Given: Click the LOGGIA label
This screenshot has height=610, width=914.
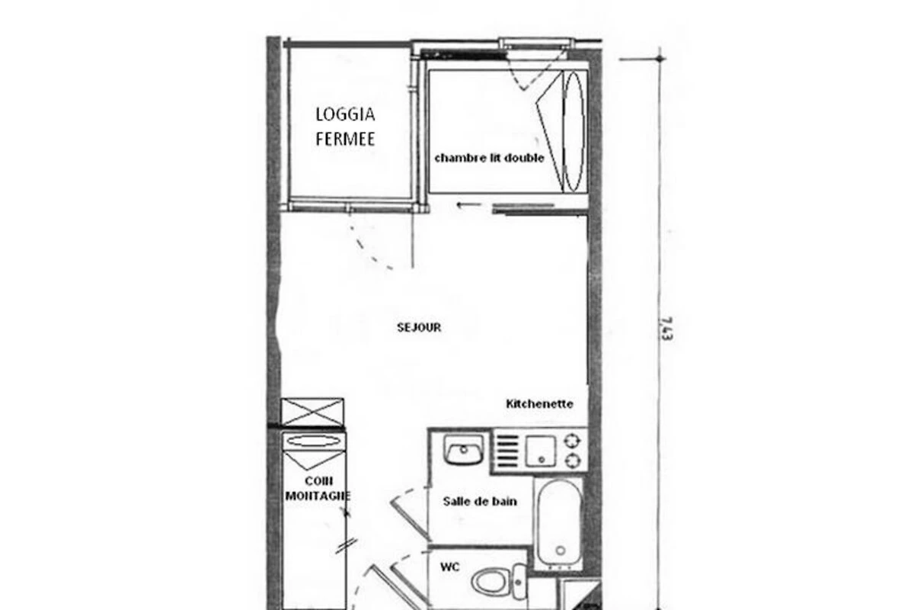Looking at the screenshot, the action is click(345, 114).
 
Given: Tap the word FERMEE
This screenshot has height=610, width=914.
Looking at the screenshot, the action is click(345, 140).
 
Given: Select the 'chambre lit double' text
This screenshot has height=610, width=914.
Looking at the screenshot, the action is click(489, 158).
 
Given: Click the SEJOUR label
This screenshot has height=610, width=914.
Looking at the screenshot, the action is click(419, 328).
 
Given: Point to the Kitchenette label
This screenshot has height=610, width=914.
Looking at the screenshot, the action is click(539, 404).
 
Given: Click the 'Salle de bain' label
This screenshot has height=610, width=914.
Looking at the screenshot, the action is click(480, 501).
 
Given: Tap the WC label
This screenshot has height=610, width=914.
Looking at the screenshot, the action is click(449, 567).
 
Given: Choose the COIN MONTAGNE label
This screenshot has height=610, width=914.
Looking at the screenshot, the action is click(318, 488).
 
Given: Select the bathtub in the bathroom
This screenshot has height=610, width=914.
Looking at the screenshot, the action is click(559, 523).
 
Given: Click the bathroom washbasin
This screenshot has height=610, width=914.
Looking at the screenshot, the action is click(464, 449).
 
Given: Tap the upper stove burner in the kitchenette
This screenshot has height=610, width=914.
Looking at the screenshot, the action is click(572, 441).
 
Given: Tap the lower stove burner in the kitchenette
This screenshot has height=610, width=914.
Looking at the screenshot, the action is click(572, 461).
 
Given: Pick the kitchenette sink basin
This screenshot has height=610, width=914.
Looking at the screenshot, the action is click(540, 451).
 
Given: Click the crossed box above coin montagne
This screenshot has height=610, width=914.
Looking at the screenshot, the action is click(312, 413).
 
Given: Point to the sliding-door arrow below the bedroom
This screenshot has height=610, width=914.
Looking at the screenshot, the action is click(470, 205).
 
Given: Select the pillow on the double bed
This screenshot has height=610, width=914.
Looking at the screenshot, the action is click(574, 132).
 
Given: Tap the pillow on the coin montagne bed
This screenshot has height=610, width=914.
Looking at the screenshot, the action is click(313, 441).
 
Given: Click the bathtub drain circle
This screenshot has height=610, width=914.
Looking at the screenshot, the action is click(561, 551).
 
